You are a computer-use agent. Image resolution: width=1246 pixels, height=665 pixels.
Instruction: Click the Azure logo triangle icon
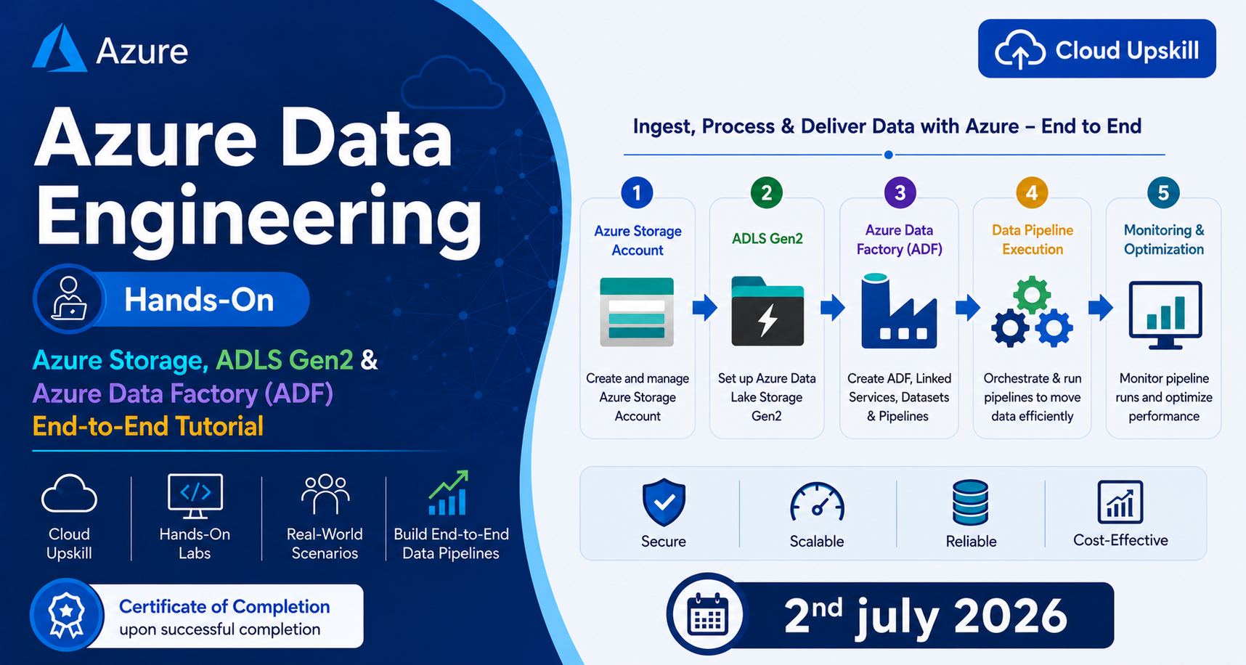click(x=60, y=49)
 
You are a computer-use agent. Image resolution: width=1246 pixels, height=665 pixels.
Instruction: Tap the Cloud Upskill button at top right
click(x=1096, y=49)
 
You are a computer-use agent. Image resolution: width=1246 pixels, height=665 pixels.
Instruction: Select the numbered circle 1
click(x=637, y=192)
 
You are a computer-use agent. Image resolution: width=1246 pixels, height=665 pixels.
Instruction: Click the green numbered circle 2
click(x=766, y=192)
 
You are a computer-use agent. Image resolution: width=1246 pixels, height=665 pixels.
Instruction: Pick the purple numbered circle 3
click(x=900, y=192)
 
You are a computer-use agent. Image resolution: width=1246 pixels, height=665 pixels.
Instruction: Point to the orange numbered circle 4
click(x=1032, y=192)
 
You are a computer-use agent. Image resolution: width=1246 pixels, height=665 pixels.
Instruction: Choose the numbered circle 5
click(x=1163, y=192)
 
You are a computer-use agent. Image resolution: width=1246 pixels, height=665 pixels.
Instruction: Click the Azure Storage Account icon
click(x=637, y=311)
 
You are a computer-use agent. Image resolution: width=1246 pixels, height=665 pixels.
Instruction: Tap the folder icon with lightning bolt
click(x=767, y=311)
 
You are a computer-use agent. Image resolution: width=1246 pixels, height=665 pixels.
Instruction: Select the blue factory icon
click(x=899, y=311)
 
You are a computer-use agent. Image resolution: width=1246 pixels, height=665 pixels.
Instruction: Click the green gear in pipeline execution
click(x=1032, y=295)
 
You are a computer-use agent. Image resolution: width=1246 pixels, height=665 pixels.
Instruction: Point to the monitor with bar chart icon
click(x=1165, y=314)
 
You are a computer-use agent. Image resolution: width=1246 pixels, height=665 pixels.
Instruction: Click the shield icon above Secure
click(x=664, y=502)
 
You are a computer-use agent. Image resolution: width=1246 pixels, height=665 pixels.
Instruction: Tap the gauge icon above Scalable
click(x=817, y=502)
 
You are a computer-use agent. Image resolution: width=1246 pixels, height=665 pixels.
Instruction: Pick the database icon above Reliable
click(x=970, y=502)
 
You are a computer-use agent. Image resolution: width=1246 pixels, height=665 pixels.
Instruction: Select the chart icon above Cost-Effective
click(x=1120, y=502)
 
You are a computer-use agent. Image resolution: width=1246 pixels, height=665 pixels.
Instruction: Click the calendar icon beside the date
click(x=707, y=614)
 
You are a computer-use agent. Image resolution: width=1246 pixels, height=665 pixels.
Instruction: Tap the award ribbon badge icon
click(x=67, y=614)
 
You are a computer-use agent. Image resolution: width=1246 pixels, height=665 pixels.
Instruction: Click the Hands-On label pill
click(x=171, y=299)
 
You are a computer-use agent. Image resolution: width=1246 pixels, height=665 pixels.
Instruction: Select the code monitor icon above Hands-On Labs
click(x=195, y=496)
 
